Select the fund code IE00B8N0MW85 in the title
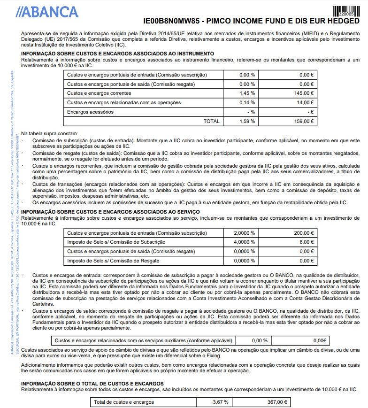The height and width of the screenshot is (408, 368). coord(171,22)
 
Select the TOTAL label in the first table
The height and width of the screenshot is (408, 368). coord(211,121)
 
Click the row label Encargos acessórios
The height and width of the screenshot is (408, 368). coord(91,112)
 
